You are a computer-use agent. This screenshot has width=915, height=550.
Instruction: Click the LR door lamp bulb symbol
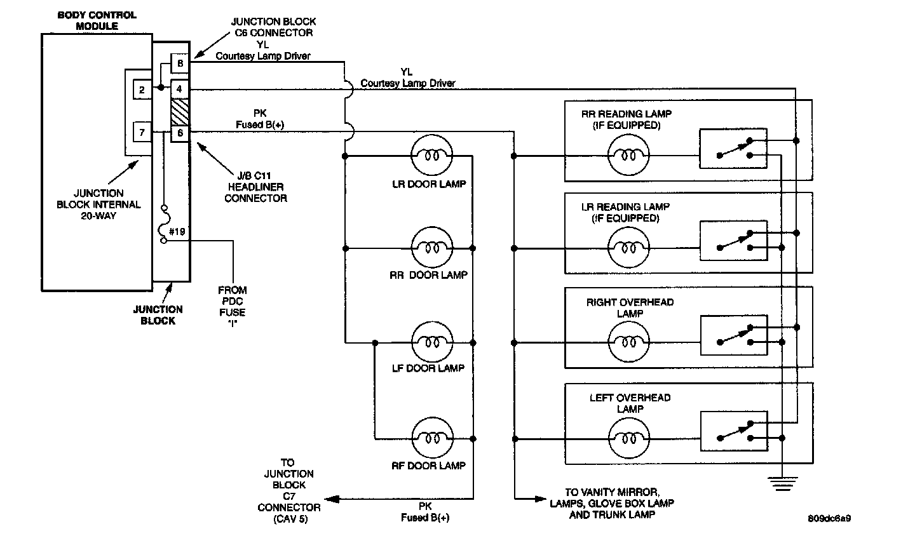pyautogui.click(x=432, y=155)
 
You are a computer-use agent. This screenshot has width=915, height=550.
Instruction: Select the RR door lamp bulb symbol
pyautogui.click(x=432, y=248)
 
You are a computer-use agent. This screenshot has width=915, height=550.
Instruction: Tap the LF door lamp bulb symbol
pyautogui.click(x=432, y=342)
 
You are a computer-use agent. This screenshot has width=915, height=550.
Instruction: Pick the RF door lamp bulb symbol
pyautogui.click(x=432, y=438)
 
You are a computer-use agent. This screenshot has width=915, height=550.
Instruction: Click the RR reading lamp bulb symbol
pyautogui.click(x=629, y=155)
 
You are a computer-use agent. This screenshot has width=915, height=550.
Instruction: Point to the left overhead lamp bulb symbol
pyautogui.click(x=629, y=438)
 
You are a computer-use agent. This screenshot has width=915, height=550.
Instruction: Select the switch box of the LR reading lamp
pyautogui.click(x=733, y=240)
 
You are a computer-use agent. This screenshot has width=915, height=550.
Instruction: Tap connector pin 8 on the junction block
pyautogui.click(x=180, y=63)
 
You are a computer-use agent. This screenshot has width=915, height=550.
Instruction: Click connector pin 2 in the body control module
pyautogui.click(x=142, y=90)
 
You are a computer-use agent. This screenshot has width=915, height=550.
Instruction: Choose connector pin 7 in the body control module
pyautogui.click(x=142, y=133)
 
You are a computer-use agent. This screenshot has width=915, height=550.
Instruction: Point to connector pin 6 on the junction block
pyautogui.click(x=180, y=133)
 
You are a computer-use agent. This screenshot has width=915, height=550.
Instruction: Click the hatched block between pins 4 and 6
pyautogui.click(x=180, y=111)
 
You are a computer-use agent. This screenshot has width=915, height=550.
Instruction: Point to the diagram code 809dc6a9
pyautogui.click(x=829, y=518)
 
